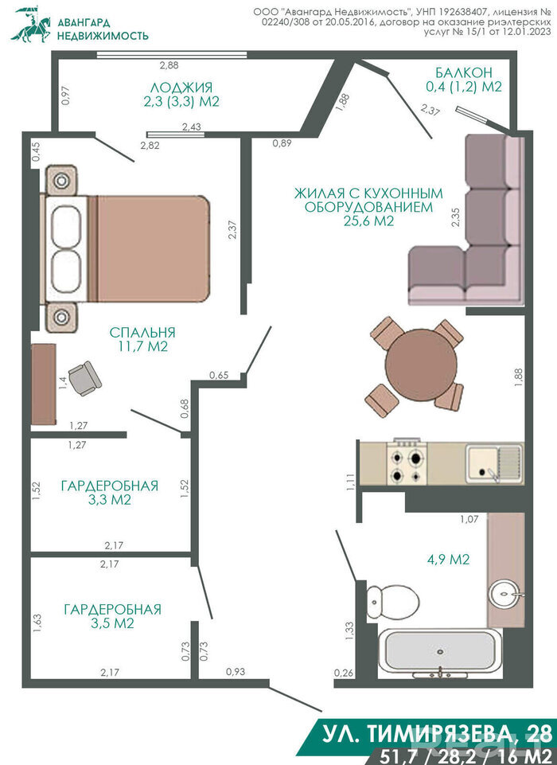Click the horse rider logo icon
click(x=31, y=25)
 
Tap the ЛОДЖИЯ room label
click(x=181, y=88)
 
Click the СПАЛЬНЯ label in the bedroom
click(x=142, y=332)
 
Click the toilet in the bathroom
click(x=392, y=602)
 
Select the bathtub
click(x=439, y=652)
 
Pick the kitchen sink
click(x=494, y=463)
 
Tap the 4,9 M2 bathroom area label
click(x=448, y=559)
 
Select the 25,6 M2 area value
click(x=368, y=221)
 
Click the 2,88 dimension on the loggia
click(x=169, y=65)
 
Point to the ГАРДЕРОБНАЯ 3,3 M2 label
click(x=110, y=493)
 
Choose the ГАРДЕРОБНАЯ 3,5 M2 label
click(x=112, y=616)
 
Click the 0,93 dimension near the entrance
click(x=236, y=672)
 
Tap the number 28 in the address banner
click(x=536, y=733)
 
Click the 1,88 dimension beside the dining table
click(x=518, y=378)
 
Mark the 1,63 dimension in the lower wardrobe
click(x=37, y=623)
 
